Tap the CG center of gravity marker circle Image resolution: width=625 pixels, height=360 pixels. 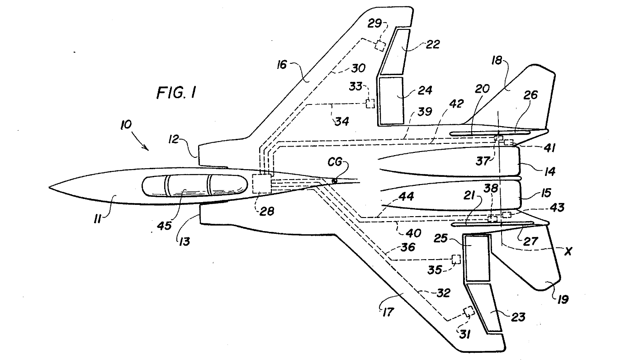coord(334,181)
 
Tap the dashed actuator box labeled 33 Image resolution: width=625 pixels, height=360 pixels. coord(370,104)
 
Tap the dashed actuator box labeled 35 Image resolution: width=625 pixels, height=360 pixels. coord(456,259)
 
